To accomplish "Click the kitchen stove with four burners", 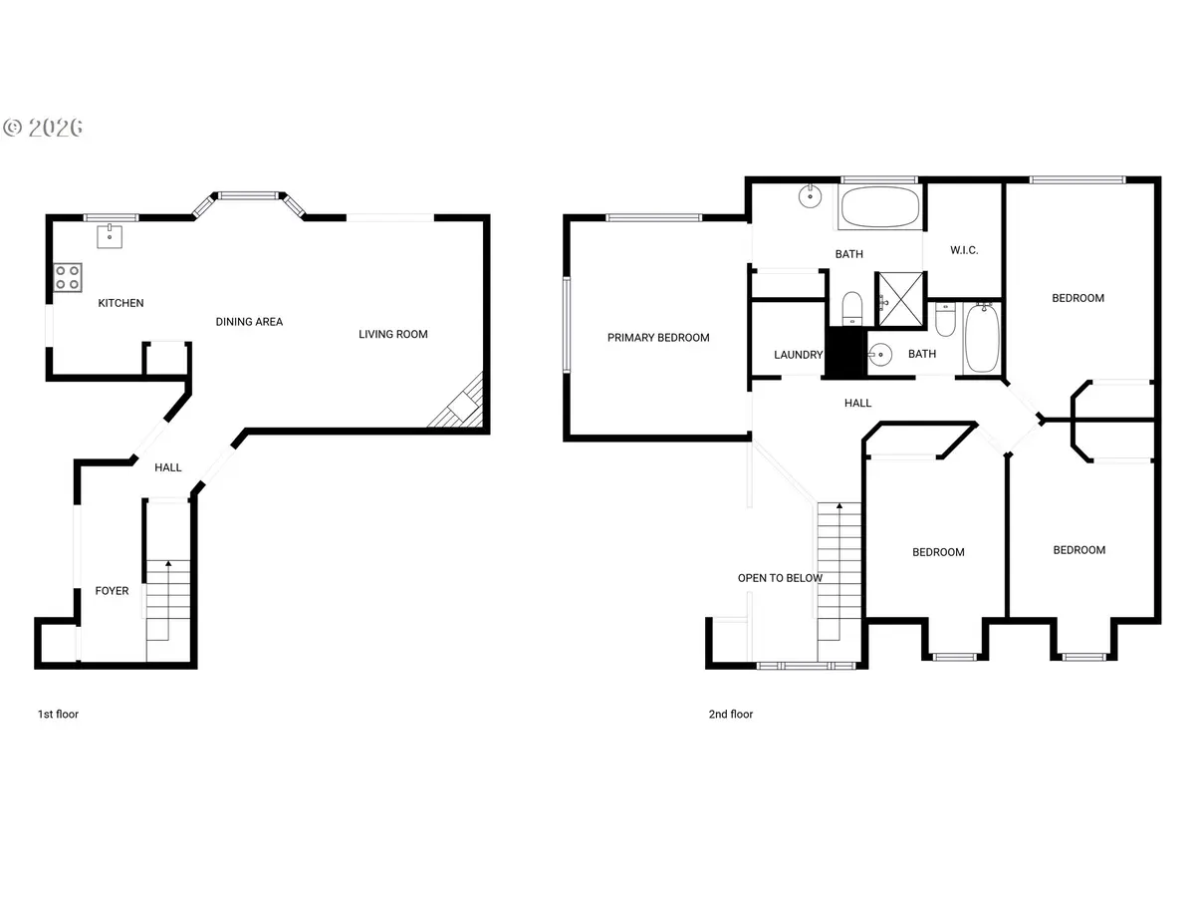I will pos(68,276).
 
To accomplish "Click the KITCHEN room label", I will pos(120,303).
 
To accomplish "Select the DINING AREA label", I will pos(249,322).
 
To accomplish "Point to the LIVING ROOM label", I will pos(393,334).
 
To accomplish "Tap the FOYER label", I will pos(112,591).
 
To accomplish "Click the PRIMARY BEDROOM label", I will pos(658,338).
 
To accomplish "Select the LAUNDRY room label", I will pos(799,355).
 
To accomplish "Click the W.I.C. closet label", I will pos(964,250).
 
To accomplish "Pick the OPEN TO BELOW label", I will pos(780,578).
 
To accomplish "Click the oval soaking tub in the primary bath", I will pos(880,209).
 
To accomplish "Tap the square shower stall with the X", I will pos(900,299).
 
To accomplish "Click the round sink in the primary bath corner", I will pos(811,196).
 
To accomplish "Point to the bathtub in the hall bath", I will pos(982,339).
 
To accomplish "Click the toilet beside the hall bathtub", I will pos(945,320).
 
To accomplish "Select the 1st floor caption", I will pos(58,715).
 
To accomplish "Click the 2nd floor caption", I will pos(730,715).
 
